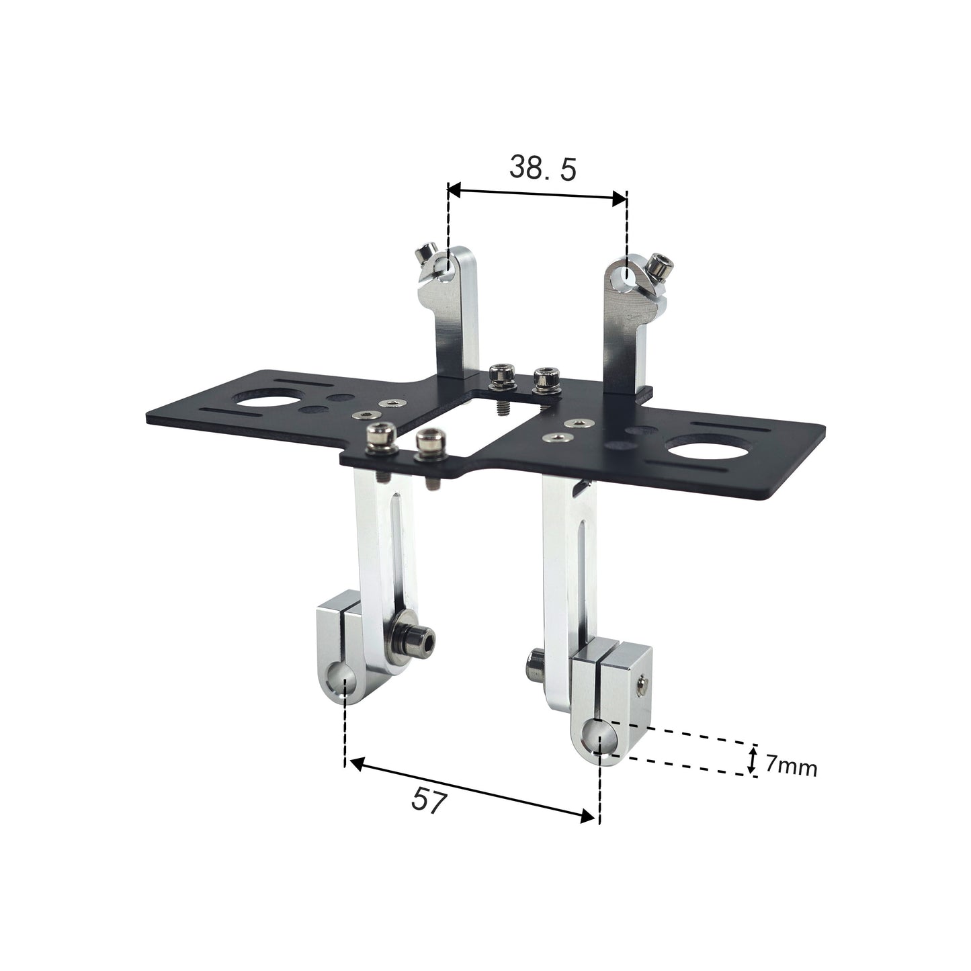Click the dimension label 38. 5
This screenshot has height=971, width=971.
[542, 169]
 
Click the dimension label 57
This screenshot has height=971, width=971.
[429, 801]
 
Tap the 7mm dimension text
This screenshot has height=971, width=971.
[791, 765]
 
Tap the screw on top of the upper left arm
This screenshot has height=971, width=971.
[423, 255]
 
